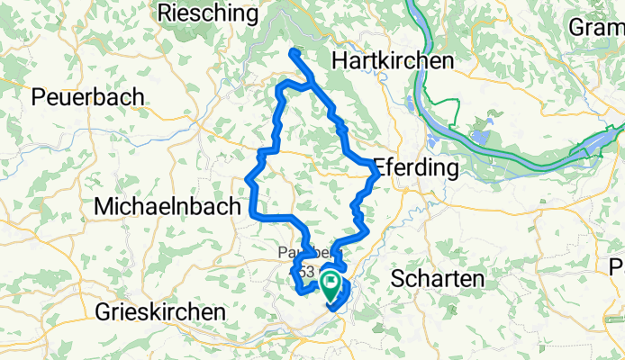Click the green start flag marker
click(331, 287)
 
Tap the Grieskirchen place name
click(159, 311)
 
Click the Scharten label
click(438, 279)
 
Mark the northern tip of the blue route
click(293, 52)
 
